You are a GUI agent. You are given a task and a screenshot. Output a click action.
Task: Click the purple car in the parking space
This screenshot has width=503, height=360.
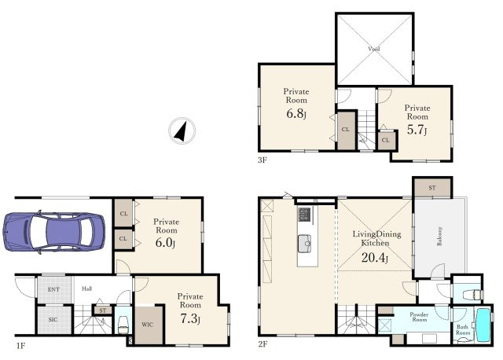(54, 232)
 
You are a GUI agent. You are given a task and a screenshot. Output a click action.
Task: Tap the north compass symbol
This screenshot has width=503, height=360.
(182, 130)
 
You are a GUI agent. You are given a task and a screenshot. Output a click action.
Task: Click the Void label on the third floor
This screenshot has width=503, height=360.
(374, 49)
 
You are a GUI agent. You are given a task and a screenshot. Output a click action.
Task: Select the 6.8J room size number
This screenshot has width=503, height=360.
(296, 114)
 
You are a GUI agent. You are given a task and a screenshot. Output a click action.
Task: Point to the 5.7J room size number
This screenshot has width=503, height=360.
(417, 130)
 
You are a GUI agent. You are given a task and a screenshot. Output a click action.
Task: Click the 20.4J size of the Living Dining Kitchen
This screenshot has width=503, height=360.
(375, 257)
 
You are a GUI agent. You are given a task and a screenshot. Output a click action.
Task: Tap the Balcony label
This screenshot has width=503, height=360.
(439, 236)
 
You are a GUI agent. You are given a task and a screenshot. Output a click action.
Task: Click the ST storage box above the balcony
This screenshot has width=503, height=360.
(432, 188)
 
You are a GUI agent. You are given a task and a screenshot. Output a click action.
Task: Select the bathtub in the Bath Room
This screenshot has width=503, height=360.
(483, 325)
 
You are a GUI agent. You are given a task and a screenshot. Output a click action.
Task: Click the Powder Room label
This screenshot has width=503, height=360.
(419, 317)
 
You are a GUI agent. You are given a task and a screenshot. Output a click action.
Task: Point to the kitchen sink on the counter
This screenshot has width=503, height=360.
(304, 244)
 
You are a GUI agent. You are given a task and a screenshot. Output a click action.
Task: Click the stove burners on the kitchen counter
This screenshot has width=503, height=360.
(304, 215)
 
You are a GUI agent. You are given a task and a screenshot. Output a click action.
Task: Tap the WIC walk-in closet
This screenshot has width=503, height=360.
(148, 325)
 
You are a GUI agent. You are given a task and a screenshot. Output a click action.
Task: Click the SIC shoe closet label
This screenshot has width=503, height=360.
(53, 320)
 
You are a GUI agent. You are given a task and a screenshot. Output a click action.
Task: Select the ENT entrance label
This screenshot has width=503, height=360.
(53, 289)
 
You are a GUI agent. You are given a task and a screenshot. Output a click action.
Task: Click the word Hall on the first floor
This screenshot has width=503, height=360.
(86, 288)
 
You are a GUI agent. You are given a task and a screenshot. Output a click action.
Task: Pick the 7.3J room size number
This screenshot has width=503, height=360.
(190, 318)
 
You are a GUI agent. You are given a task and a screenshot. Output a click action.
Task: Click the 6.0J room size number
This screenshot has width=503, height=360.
(165, 243)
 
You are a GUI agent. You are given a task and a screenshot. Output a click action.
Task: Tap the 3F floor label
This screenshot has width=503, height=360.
(263, 160)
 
